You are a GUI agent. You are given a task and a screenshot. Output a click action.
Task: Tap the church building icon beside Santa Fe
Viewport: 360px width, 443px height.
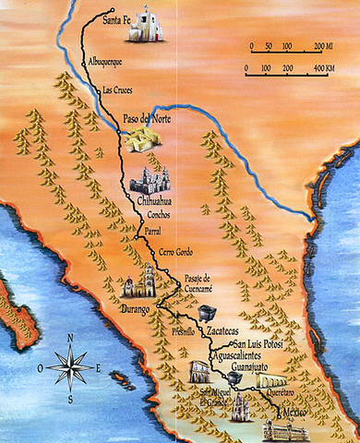click(149, 27)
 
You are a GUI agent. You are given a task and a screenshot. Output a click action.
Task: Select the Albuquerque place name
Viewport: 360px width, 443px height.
click(104, 61)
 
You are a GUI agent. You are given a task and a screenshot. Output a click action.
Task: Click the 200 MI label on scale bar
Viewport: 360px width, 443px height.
click(322, 45)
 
